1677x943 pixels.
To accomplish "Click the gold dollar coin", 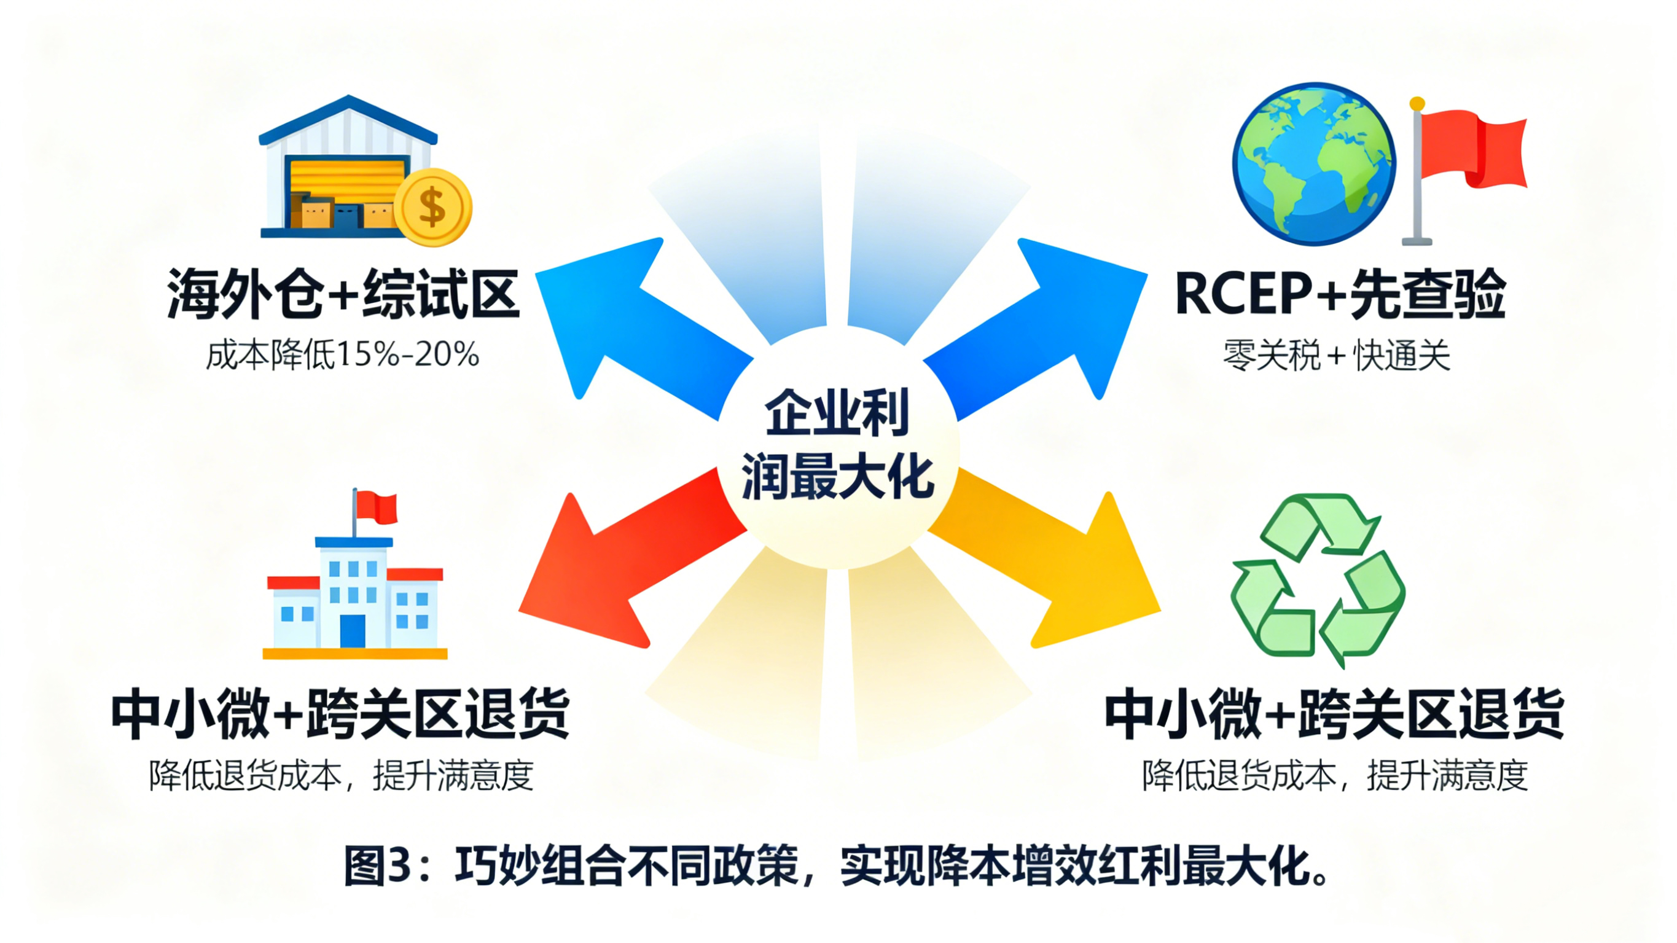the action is pos(432,207).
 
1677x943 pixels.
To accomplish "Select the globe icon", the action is pos(1314,163).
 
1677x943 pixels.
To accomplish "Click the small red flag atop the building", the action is pos(377,507).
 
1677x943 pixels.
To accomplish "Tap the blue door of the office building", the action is pos(353,630).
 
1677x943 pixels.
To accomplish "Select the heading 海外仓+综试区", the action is pos(343,294).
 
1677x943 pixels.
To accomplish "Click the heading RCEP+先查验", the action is pos(1340,294).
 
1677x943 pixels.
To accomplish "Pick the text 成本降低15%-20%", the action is pos(342,355).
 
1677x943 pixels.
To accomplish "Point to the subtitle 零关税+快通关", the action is pos(1337,356).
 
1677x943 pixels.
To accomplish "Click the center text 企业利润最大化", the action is pos(838,445).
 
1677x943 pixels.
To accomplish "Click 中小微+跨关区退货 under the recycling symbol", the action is pos(1335,714).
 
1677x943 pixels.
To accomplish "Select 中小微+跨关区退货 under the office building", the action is pos(340,714).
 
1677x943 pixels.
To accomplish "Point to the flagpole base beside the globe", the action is pos(1417,241).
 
